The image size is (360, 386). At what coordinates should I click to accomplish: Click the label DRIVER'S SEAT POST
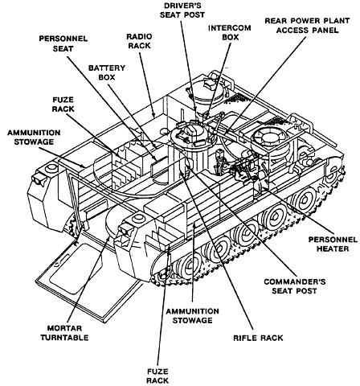(x=182, y=10)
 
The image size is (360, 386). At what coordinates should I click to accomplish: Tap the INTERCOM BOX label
(x=230, y=32)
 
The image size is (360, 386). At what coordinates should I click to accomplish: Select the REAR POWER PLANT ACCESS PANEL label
(x=307, y=25)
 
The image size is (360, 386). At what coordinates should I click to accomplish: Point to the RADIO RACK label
(x=139, y=41)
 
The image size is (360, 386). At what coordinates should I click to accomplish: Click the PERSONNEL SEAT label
(x=63, y=43)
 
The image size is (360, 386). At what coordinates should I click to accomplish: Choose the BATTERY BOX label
(x=107, y=72)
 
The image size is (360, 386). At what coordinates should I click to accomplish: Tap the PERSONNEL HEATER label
(x=333, y=244)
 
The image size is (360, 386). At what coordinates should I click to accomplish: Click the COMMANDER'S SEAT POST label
(x=295, y=286)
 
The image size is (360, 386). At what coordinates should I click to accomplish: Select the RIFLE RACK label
(x=258, y=338)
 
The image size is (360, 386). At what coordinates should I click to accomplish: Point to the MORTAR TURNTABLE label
(x=64, y=333)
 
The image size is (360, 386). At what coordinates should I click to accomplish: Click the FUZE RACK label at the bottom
(x=157, y=376)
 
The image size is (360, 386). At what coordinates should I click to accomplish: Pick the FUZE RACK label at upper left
(x=63, y=105)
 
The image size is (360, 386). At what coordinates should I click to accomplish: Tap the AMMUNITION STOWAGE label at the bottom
(x=192, y=315)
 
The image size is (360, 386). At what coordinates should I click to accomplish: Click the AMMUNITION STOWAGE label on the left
(x=34, y=137)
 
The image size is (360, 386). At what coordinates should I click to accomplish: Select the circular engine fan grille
(x=270, y=138)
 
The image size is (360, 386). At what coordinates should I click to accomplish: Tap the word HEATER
(x=333, y=248)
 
